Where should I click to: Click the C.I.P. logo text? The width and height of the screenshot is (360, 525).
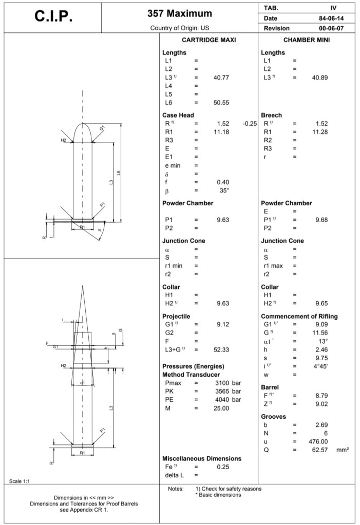pyautogui.click(x=54, y=16)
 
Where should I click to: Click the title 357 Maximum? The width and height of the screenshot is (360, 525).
pyautogui.click(x=180, y=13)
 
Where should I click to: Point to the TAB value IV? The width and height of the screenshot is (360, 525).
pyautogui.click(x=334, y=8)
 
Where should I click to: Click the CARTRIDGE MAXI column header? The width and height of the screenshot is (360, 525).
pyautogui.click(x=209, y=40)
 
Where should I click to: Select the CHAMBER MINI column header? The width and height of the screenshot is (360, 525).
pyautogui.click(x=307, y=40)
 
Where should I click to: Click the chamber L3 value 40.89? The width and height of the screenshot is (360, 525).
pyautogui.click(x=320, y=77)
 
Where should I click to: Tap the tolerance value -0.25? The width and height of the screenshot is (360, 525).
pyautogui.click(x=250, y=123)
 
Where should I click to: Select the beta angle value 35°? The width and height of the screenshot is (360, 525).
pyautogui.click(x=224, y=190)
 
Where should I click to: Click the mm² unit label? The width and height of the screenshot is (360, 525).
pyautogui.click(x=343, y=450)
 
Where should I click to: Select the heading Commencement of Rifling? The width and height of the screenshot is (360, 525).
pyautogui.click(x=299, y=316)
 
